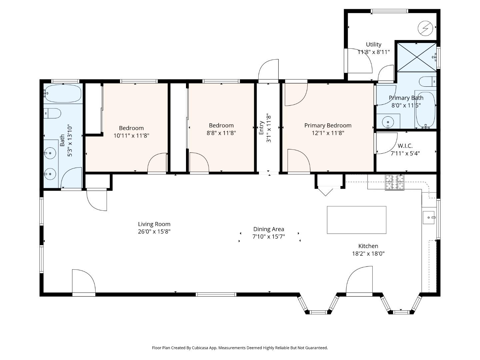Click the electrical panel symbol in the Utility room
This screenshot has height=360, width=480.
(425, 28)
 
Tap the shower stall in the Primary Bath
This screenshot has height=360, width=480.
(416, 57)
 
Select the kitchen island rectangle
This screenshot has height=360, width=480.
(356, 220)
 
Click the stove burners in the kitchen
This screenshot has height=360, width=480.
(395, 182)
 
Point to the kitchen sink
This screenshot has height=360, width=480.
(429, 217)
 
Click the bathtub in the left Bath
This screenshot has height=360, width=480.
(63, 94)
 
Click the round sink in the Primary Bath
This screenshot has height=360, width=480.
(388, 122)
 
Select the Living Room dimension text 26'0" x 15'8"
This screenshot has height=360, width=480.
(154, 232)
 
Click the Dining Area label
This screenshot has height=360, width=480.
(269, 229)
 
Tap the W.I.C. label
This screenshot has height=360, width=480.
(405, 146)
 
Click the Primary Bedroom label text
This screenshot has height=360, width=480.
(328, 125)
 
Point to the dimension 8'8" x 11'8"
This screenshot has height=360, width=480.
(221, 133)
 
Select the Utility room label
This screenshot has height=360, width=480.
(373, 44)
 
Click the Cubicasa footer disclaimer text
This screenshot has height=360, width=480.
(240, 348)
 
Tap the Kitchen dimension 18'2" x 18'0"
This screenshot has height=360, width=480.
(368, 253)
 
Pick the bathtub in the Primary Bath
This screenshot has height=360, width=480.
(425, 109)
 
